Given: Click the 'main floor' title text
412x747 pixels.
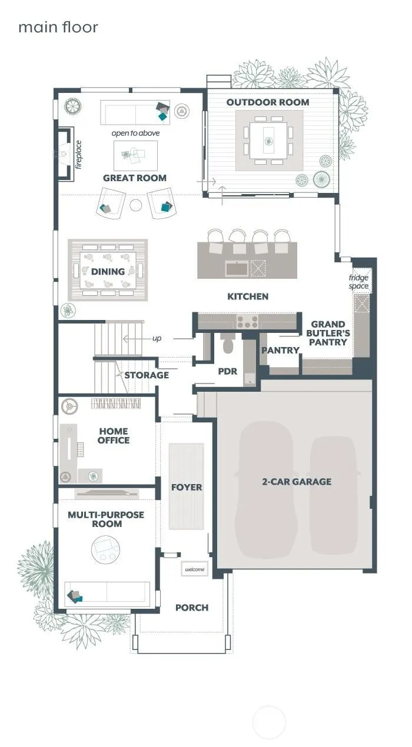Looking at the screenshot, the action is (x=58, y=27).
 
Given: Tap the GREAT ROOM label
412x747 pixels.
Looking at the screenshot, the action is (x=134, y=178).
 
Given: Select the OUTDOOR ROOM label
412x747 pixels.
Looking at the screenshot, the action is (x=268, y=102).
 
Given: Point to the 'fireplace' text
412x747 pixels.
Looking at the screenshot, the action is (x=78, y=155).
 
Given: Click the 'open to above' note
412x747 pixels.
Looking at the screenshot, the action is (x=135, y=133).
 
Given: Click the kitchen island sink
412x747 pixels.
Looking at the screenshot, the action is (x=237, y=268).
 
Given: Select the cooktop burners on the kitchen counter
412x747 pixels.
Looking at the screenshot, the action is (x=247, y=321).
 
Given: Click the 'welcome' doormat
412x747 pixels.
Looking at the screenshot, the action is (x=194, y=569).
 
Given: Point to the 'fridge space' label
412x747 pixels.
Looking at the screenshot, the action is (x=359, y=282).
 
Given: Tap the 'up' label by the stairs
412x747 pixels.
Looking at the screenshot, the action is (x=157, y=338).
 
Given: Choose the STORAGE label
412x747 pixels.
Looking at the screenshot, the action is (x=147, y=375).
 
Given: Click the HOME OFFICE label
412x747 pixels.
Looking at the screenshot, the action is (x=114, y=436).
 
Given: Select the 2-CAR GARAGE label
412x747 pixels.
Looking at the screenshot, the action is (x=297, y=482).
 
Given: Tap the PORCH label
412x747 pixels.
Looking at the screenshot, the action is (x=192, y=608).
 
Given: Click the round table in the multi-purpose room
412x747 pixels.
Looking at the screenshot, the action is (x=106, y=549).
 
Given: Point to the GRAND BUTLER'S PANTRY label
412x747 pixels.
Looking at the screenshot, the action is (x=328, y=333).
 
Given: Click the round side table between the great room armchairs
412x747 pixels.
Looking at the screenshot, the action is (x=136, y=205).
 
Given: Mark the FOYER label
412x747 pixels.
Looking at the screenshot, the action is (x=187, y=487).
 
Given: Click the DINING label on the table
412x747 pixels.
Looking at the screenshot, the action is (x=108, y=272).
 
